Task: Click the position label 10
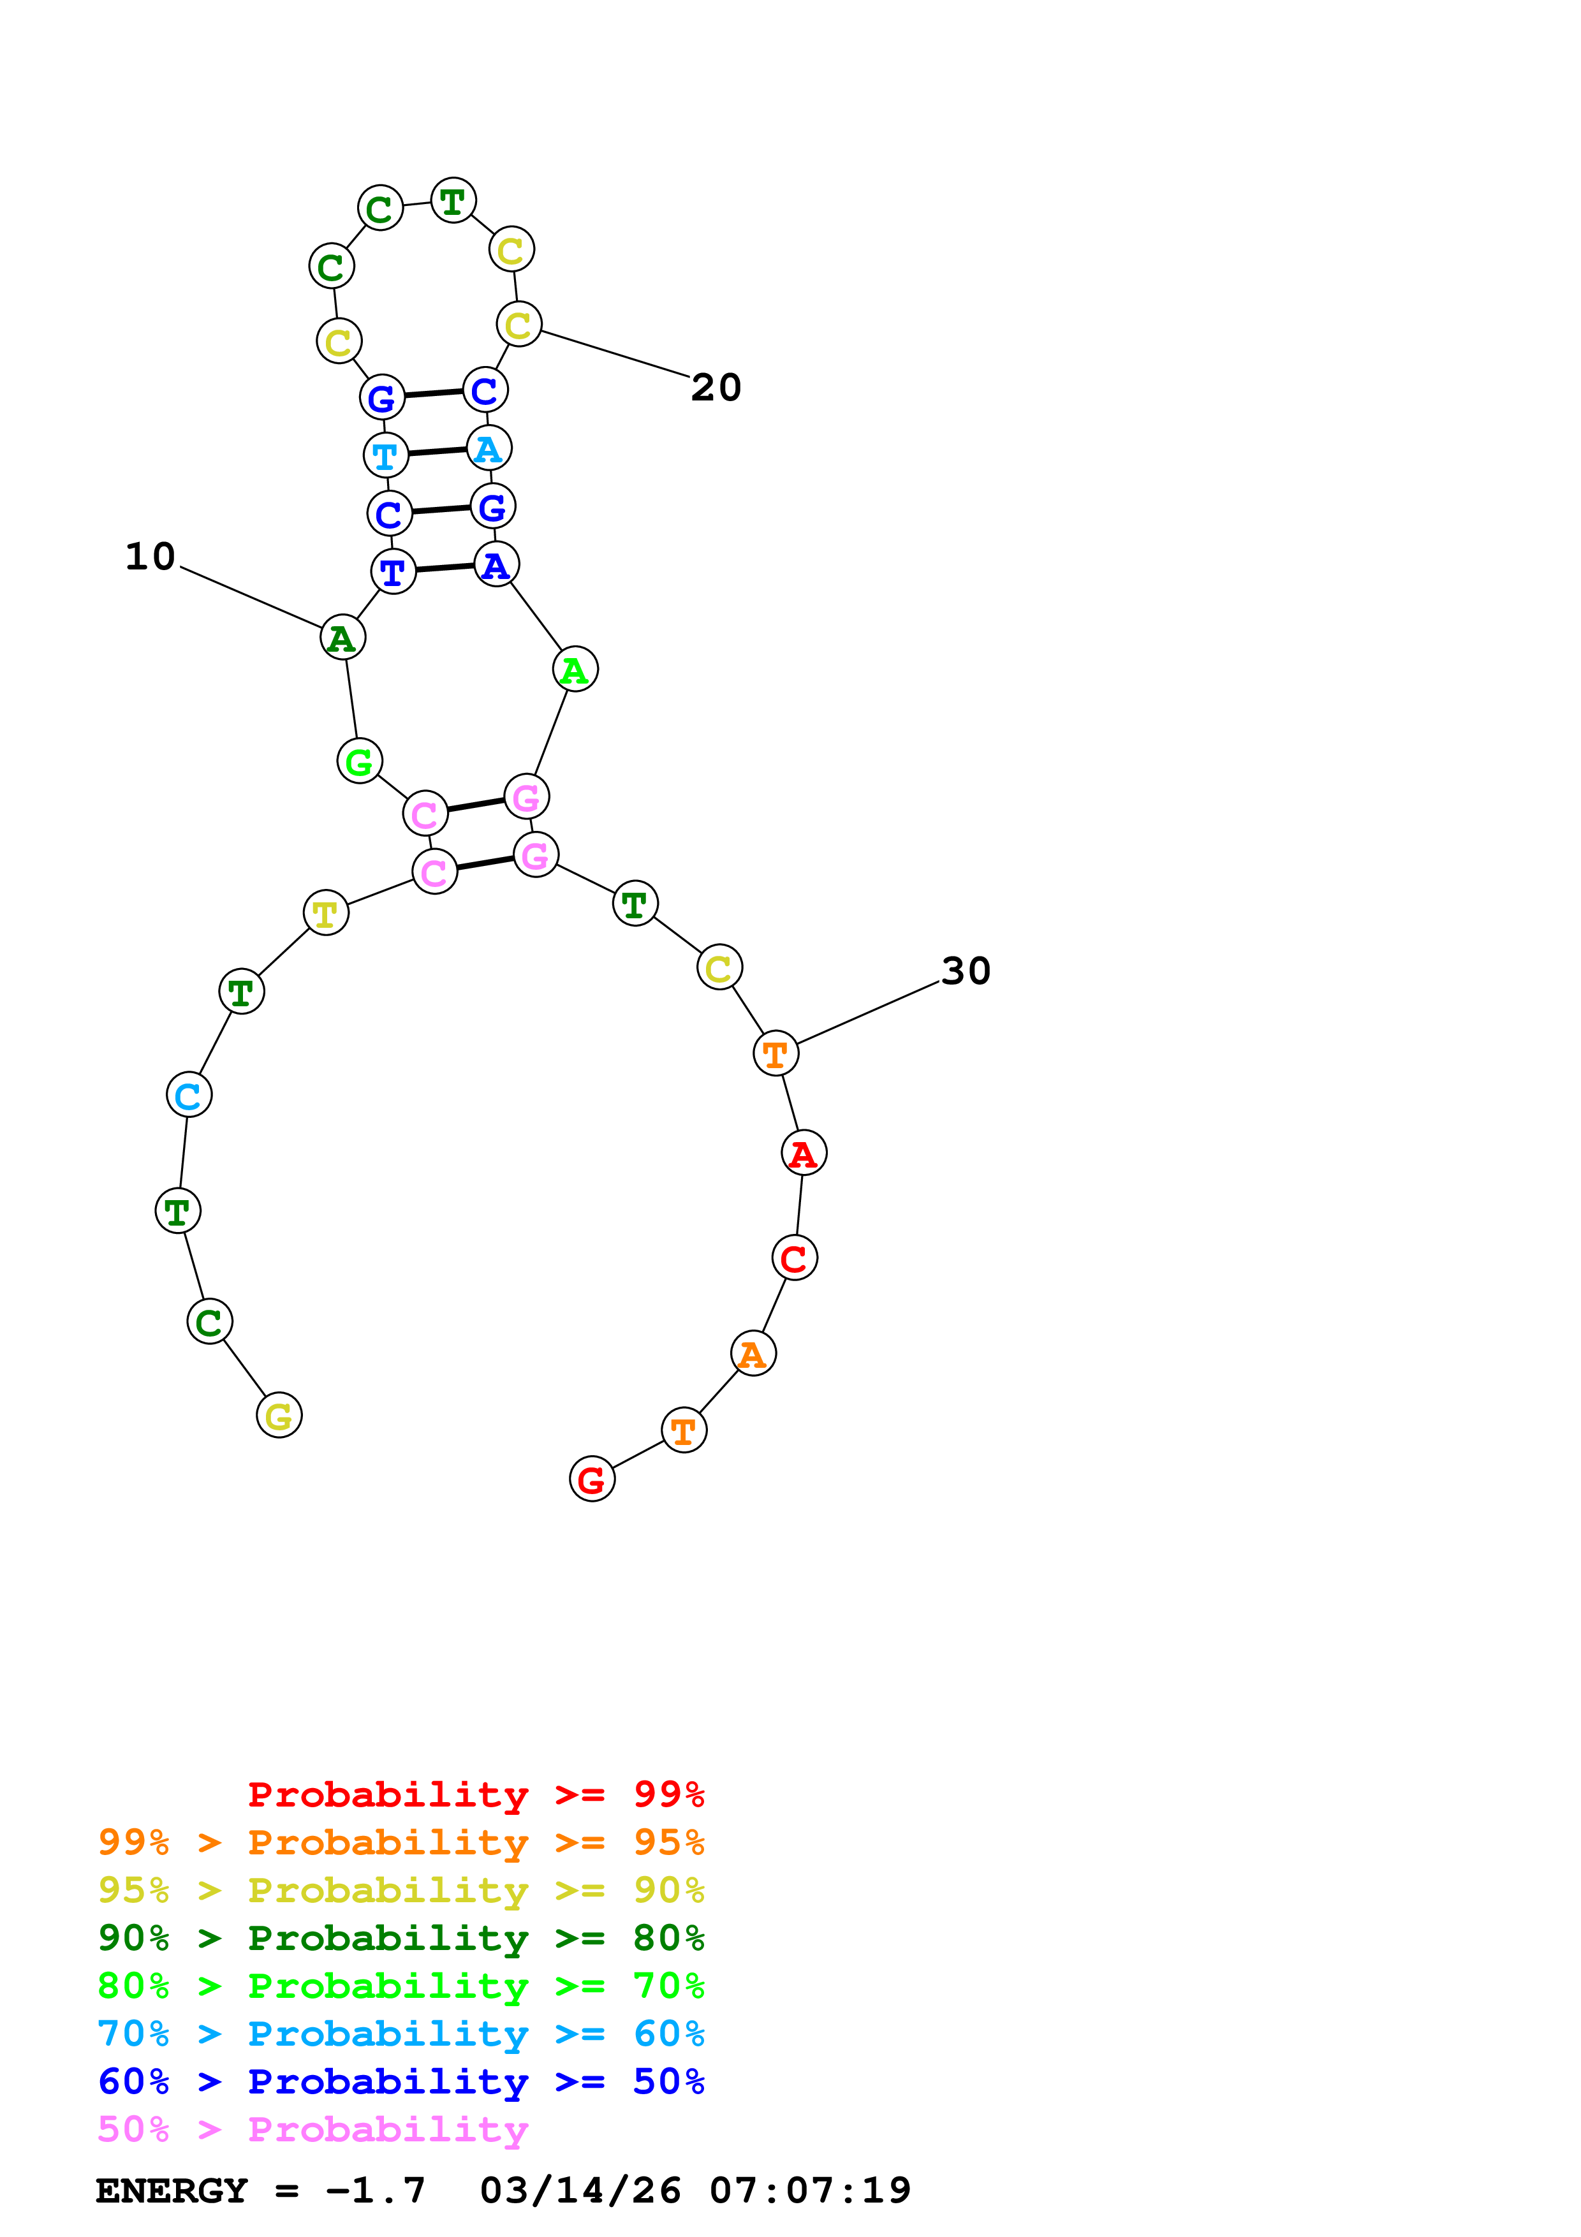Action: coord(150,556)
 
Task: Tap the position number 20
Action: coord(716,388)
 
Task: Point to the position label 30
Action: coord(966,971)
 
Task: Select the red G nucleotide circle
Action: coord(591,1479)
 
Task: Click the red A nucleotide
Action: coord(804,1154)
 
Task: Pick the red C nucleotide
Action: coord(794,1258)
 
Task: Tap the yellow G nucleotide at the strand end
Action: coord(279,1416)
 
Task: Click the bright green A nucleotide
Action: coord(575,670)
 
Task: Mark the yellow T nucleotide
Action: coord(325,913)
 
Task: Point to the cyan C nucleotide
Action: coord(189,1095)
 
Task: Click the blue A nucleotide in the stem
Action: coord(496,564)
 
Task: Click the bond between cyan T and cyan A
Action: coord(436,452)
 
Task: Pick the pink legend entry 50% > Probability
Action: coord(312,2128)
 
